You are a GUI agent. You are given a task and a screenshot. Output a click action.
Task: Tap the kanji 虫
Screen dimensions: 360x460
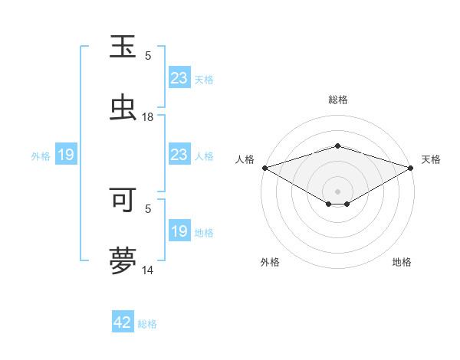(123, 106)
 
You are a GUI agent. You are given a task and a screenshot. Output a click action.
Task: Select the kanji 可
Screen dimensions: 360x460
(123, 200)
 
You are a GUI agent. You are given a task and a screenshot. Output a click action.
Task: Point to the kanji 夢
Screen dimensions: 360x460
(123, 260)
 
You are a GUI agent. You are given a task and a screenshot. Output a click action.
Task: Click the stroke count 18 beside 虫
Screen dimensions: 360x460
(148, 117)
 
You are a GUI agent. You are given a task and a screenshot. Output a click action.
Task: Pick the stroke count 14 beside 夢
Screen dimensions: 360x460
(148, 270)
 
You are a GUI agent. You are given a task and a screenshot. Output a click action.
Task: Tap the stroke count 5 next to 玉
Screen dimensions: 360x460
(148, 56)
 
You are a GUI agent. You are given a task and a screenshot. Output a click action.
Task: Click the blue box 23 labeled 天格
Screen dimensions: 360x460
(179, 78)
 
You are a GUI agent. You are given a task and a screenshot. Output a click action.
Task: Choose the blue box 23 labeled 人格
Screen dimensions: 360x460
(179, 155)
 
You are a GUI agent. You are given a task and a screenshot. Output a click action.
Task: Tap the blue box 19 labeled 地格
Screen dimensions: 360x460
(179, 231)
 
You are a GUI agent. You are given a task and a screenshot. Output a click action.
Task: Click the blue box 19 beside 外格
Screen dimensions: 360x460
(66, 155)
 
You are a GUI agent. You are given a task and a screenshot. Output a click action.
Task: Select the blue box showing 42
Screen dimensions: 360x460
(123, 322)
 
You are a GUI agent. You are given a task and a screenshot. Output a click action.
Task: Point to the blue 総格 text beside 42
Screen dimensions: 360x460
(147, 324)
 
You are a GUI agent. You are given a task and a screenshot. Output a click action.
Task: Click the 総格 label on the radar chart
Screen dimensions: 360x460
(337, 100)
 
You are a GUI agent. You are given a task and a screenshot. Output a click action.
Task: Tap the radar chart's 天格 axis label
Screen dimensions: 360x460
(431, 159)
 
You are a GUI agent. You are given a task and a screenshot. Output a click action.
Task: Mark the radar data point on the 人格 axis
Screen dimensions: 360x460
(264, 168)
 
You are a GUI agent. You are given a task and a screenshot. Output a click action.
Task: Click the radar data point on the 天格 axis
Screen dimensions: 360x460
(411, 168)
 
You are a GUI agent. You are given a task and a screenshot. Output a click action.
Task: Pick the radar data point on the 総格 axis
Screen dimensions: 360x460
(337, 146)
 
